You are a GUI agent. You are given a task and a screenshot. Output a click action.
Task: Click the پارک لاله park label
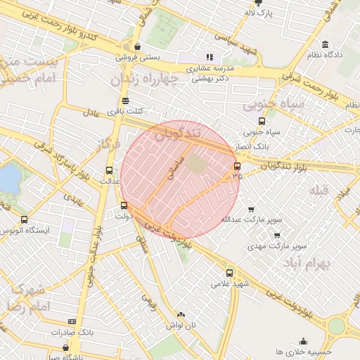coord(258,13)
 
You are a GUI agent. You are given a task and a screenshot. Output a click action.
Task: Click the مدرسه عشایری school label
coord(209,68)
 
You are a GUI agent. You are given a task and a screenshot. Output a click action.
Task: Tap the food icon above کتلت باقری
coord(125,101)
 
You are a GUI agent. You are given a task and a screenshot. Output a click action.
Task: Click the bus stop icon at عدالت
coord(108,170)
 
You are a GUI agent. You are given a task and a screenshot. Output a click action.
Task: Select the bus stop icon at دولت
coord(124,206)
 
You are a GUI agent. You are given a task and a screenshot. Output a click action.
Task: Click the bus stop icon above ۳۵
coord(236,167)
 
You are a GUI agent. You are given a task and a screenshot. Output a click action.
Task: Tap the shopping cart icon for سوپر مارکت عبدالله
coord(251,209)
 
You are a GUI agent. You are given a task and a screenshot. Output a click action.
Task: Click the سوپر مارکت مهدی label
coord(281,247)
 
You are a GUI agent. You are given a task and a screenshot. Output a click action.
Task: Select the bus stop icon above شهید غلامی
coord(229,273)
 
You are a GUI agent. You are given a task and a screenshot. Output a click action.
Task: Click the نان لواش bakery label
coord(181,326)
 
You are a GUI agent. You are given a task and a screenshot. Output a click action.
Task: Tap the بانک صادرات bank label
coord(72,331)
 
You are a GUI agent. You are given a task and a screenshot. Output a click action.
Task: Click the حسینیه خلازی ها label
coord(304,351)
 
